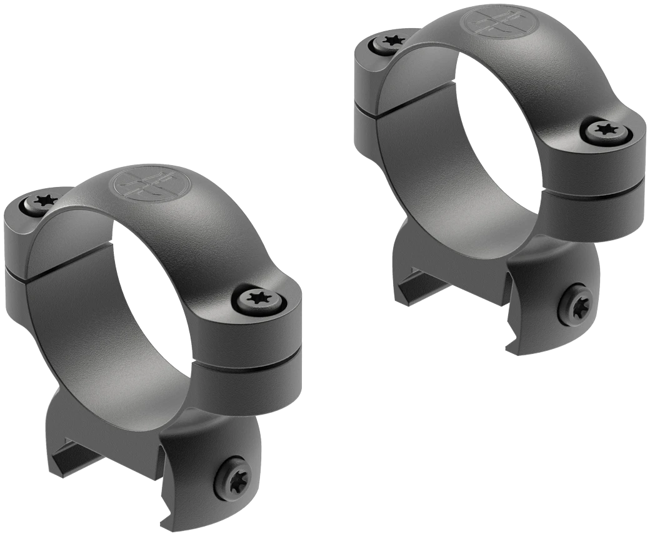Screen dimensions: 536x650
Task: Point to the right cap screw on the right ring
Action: point(604,130)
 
